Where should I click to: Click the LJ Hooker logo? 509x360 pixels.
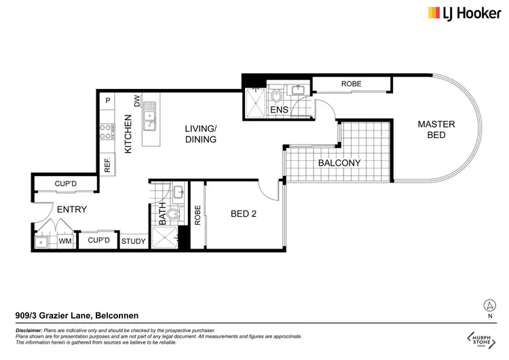[459, 13]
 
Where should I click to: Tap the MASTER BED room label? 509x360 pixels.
[436, 130]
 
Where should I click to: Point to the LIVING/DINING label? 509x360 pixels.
[201, 134]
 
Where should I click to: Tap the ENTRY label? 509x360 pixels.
[71, 210]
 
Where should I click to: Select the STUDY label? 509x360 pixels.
[133, 241]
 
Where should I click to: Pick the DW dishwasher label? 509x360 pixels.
[137, 101]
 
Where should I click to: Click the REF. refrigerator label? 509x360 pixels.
[107, 164]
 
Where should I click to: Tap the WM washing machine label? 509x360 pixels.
[66, 241]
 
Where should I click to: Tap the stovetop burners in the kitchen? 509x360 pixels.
[107, 130]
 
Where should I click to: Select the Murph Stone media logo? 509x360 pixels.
[481, 338]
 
